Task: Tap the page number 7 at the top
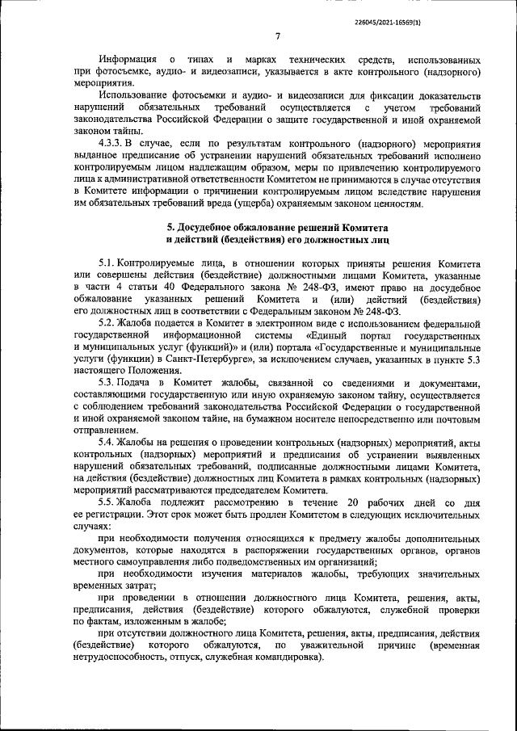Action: pyautogui.click(x=276, y=36)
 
